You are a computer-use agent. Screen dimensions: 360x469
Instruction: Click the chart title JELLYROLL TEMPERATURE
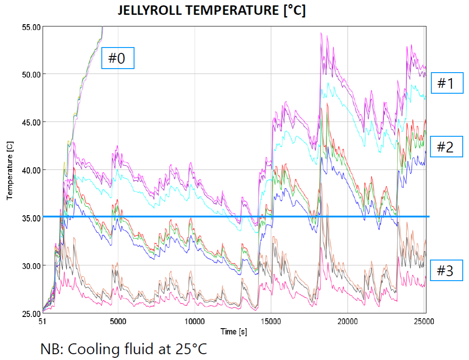tap(211, 11)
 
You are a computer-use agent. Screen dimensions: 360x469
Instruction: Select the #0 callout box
tap(118, 58)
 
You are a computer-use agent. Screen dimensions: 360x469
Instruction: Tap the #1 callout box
tap(447, 83)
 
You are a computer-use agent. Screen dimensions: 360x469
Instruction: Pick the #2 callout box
tap(446, 147)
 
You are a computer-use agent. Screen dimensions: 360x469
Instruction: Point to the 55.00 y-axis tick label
tap(31, 27)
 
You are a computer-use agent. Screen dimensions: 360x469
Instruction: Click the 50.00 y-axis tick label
tap(31, 74)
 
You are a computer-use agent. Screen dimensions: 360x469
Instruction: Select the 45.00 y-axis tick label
tap(31, 122)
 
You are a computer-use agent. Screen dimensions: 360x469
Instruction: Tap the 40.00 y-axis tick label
tap(31, 170)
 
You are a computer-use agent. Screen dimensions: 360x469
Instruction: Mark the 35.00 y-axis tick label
tap(31, 218)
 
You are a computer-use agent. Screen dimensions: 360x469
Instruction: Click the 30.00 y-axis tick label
tap(31, 265)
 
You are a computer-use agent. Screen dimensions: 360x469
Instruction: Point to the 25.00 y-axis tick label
tap(31, 313)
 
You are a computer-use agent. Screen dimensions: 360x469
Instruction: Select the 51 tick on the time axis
tap(43, 321)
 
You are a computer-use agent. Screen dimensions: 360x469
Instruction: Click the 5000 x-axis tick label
tap(118, 321)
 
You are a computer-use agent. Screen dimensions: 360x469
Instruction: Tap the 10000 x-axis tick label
tap(194, 321)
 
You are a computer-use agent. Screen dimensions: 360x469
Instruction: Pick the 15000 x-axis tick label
tap(271, 321)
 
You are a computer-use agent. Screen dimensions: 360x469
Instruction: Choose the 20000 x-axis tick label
tap(348, 321)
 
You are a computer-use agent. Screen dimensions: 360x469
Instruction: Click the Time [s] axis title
tap(233, 332)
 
